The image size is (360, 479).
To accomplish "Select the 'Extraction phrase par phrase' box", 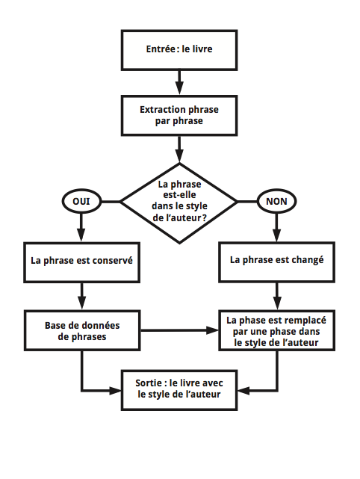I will point(179,114).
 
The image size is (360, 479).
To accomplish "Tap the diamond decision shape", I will point(179,201).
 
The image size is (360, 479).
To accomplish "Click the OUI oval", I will point(80,201).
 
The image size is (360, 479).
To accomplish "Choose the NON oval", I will point(277,201).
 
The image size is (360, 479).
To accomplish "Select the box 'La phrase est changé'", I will point(277,261).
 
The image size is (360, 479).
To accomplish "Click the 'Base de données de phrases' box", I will point(82,330).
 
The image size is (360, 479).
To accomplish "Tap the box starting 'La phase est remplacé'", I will point(277,330).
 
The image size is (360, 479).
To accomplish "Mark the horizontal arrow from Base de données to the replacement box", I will point(179,330).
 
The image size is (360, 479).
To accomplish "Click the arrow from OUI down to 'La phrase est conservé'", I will point(80,228).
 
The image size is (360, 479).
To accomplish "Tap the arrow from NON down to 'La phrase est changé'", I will point(277,228).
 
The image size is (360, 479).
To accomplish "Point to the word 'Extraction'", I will point(163,109).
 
